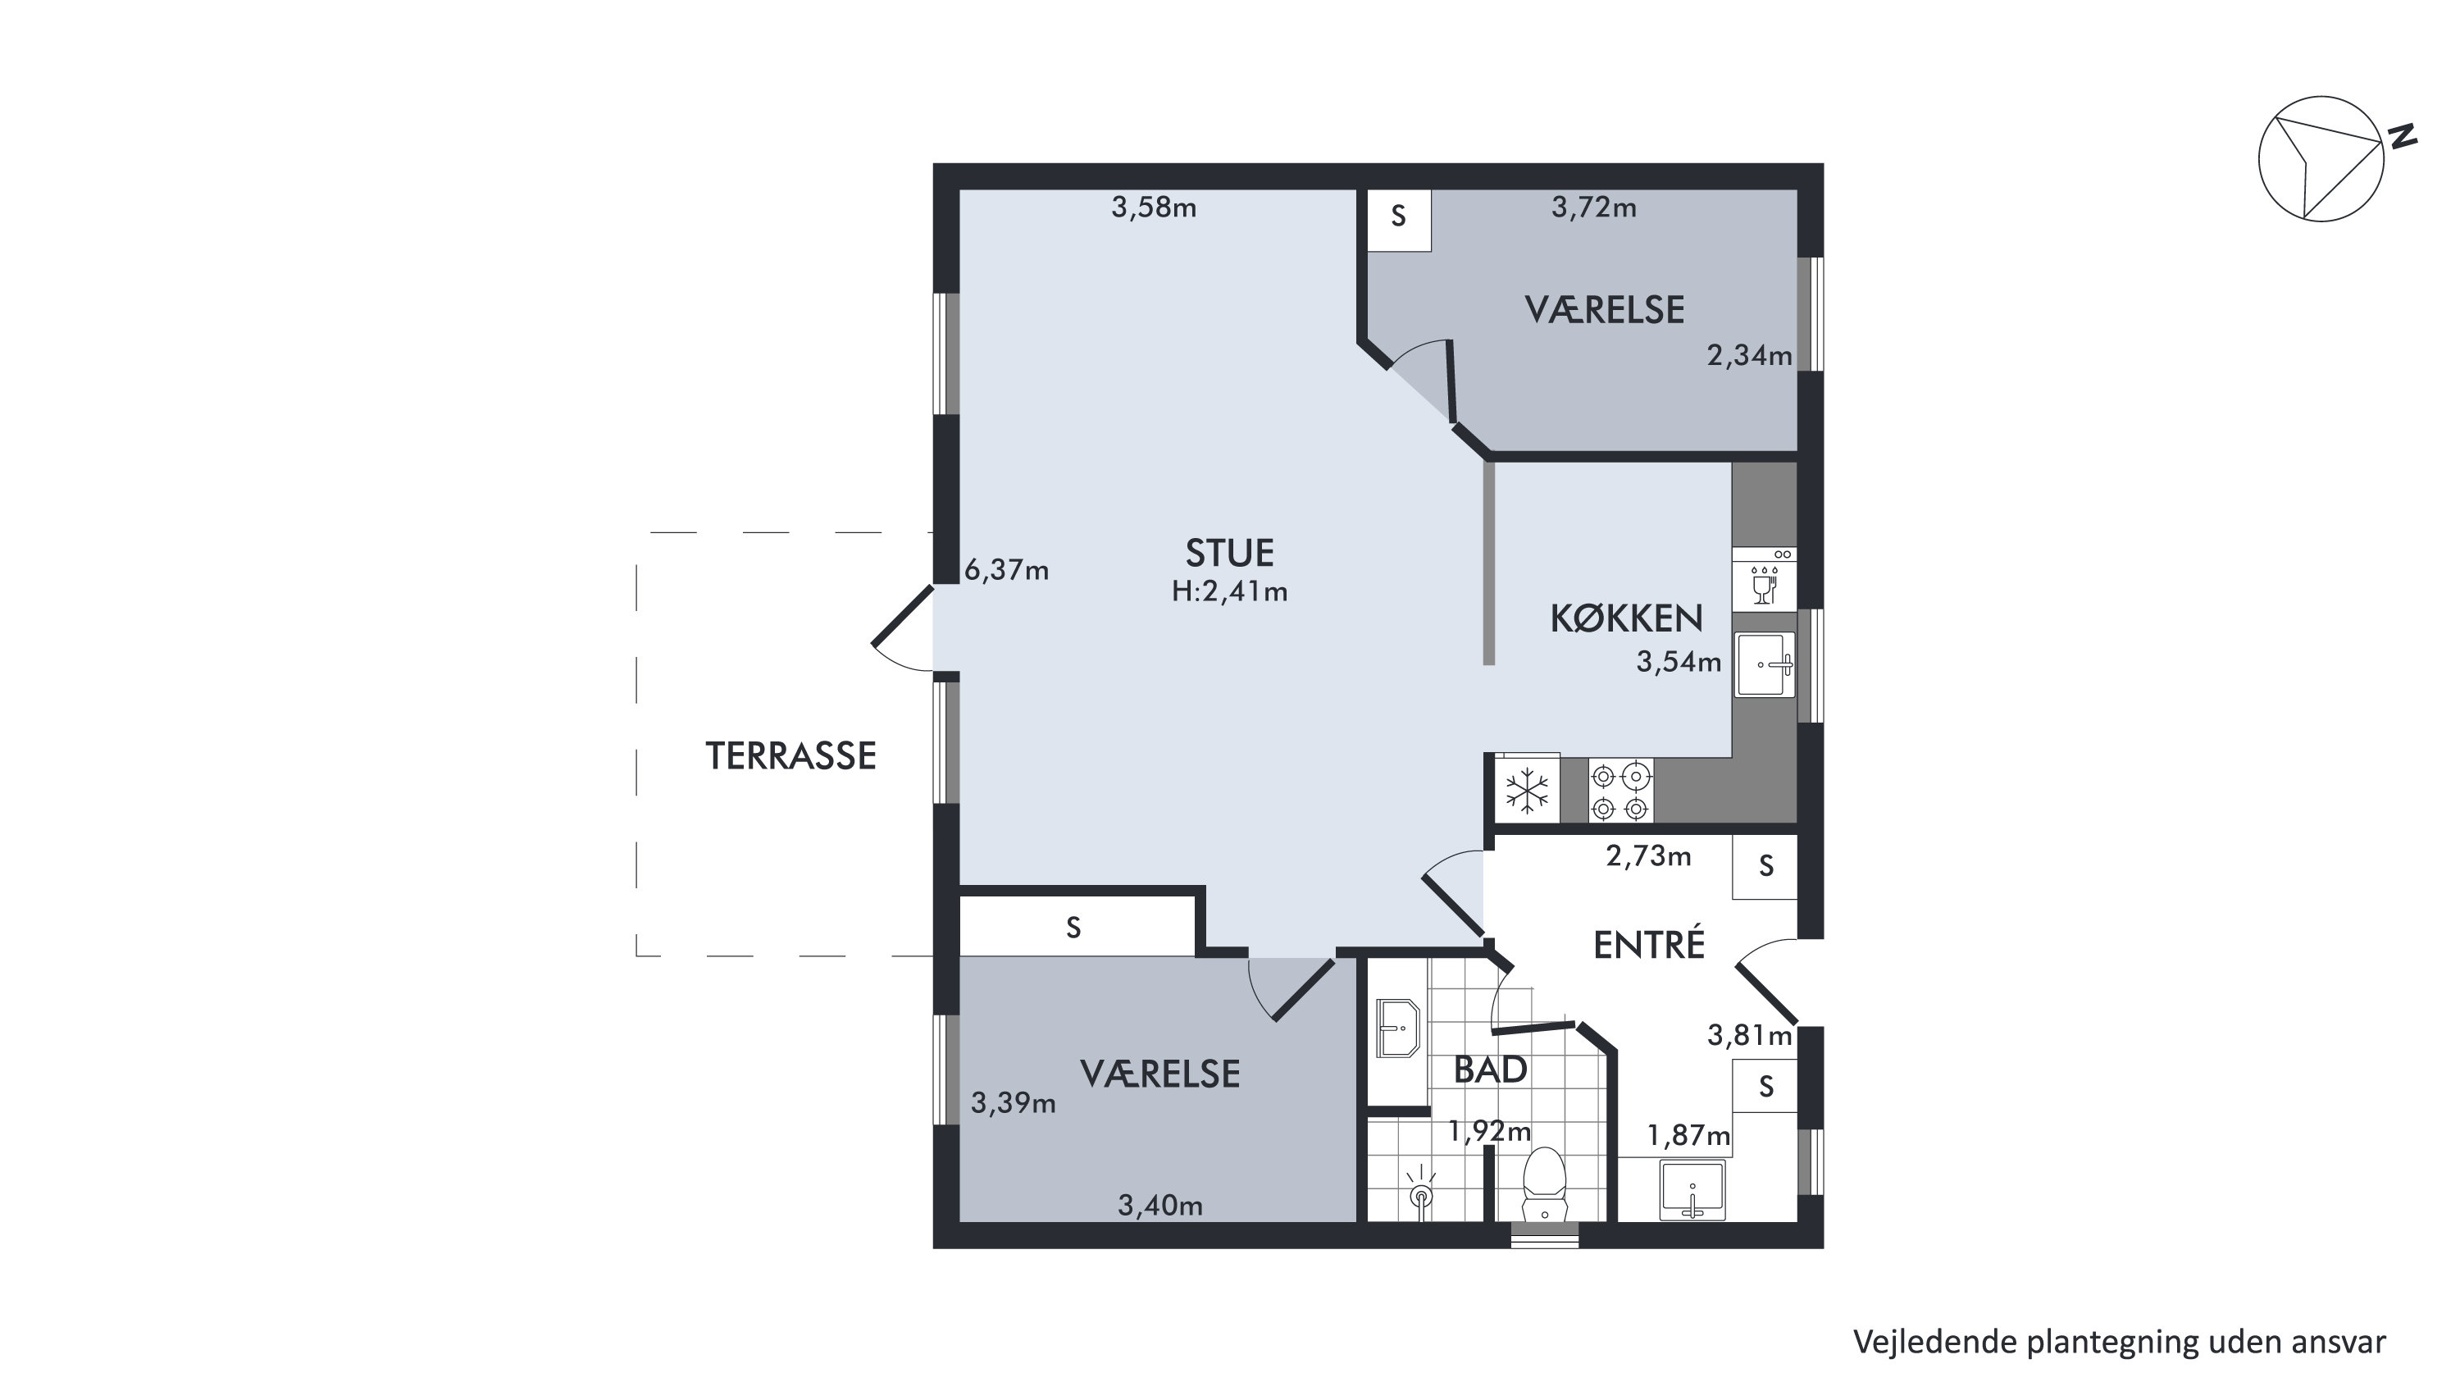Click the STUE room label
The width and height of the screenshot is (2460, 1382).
(x=1229, y=554)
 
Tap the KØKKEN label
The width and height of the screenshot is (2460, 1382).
(x=1626, y=619)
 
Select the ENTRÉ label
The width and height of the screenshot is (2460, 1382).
(x=1649, y=945)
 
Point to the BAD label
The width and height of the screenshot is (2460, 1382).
(x=1490, y=1070)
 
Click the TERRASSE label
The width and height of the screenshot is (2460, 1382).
(x=790, y=756)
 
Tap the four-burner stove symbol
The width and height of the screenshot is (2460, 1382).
(x=1620, y=791)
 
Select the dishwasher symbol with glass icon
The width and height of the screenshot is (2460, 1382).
(x=1765, y=580)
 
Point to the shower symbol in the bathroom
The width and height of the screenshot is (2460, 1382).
(x=1422, y=1194)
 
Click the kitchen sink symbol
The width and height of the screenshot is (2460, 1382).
(x=1765, y=664)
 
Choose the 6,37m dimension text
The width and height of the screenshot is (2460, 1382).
(x=1006, y=570)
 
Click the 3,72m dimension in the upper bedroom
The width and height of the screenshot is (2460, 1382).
(x=1594, y=208)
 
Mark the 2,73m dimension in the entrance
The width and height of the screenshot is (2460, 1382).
(x=1648, y=855)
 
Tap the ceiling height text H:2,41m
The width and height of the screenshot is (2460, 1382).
(x=1229, y=592)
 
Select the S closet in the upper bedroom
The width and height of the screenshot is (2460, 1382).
(x=1399, y=220)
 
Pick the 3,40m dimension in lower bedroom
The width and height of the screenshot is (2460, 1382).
(x=1160, y=1206)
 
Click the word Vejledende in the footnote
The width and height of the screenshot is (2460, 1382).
(x=1920, y=1342)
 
